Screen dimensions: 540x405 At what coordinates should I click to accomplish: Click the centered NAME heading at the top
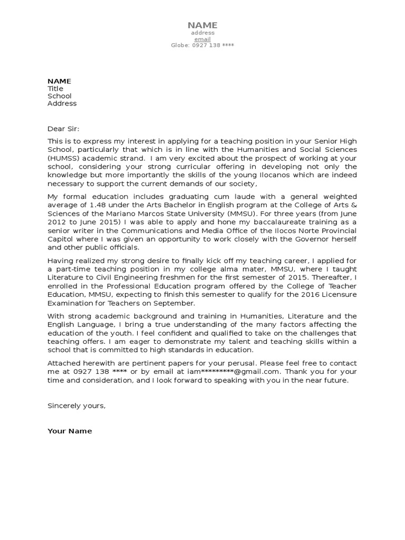202,25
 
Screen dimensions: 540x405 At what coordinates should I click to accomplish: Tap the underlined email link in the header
202,39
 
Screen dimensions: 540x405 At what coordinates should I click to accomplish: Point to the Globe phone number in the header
202,45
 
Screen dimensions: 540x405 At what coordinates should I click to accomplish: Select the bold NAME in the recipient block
59,81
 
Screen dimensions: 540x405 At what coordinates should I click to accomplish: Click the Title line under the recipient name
55,89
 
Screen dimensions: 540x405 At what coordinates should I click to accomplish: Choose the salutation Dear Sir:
63,128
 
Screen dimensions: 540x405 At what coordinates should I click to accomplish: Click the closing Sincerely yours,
76,406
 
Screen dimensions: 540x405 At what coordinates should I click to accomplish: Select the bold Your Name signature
70,431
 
